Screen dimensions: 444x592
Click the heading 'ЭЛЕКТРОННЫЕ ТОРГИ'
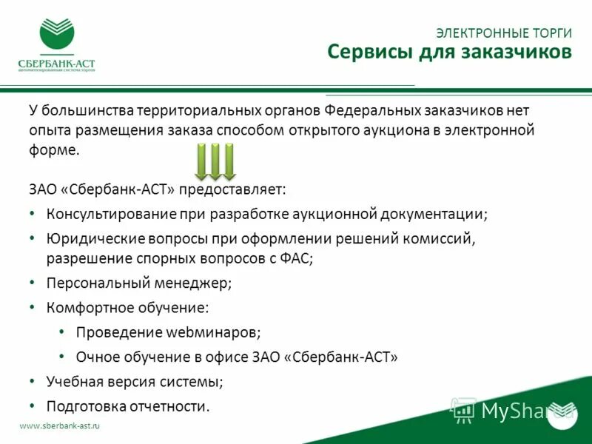pos(504,33)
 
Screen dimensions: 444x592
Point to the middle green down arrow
pos(215,162)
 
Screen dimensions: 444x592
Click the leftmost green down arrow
pos(201,162)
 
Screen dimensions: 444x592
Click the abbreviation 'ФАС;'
pos(297,258)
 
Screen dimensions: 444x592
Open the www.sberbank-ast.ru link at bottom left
pos(59,426)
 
